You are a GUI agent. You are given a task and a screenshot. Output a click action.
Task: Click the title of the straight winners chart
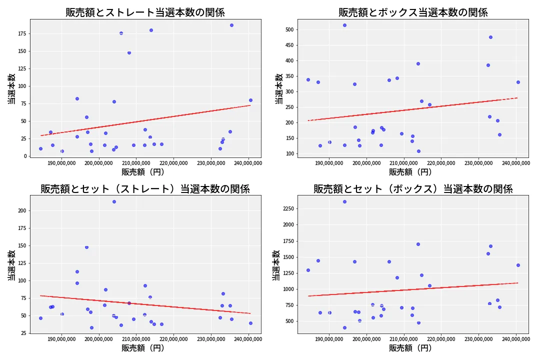pyautogui.click(x=145, y=12)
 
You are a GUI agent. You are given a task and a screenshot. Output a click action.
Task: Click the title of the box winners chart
pyautogui.click(x=413, y=12)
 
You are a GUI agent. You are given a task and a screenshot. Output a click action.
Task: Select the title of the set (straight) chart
pyautogui.click(x=145, y=189)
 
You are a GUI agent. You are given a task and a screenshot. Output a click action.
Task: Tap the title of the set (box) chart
pyautogui.click(x=413, y=189)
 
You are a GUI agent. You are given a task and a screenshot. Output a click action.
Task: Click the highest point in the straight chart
pyautogui.click(x=231, y=25)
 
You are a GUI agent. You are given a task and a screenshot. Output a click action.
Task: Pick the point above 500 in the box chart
pyautogui.click(x=344, y=25)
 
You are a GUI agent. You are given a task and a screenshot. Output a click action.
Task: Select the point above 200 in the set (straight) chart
pyautogui.click(x=114, y=201)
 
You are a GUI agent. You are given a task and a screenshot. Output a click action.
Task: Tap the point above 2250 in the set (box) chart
pyautogui.click(x=344, y=201)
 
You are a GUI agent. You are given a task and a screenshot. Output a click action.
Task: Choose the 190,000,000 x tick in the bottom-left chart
pyautogui.click(x=61, y=339)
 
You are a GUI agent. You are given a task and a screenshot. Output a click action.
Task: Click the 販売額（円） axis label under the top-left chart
pyautogui.click(x=145, y=172)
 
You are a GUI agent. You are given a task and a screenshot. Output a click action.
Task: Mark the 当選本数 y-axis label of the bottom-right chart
pyautogui.click(x=275, y=265)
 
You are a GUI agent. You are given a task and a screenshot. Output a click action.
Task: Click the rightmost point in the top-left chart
pyautogui.click(x=250, y=100)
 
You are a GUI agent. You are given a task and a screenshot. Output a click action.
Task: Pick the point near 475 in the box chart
pyautogui.click(x=490, y=37)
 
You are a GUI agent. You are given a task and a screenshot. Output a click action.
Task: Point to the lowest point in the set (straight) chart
pyautogui.click(x=91, y=328)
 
